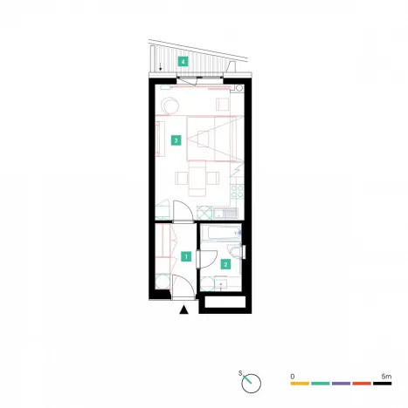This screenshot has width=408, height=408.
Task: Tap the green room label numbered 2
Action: pos(225,264)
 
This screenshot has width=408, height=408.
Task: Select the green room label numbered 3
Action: pos(176,139)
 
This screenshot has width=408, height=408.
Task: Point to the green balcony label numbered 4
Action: pos(183,61)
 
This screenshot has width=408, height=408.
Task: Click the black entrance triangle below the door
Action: pos(183,309)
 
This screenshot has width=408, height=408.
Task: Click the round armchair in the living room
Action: pos(171,104)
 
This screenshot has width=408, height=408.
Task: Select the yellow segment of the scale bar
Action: pos(300,384)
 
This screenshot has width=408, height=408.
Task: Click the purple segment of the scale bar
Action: pos(342,384)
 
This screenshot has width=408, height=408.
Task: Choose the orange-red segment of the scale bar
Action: pos(363,384)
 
